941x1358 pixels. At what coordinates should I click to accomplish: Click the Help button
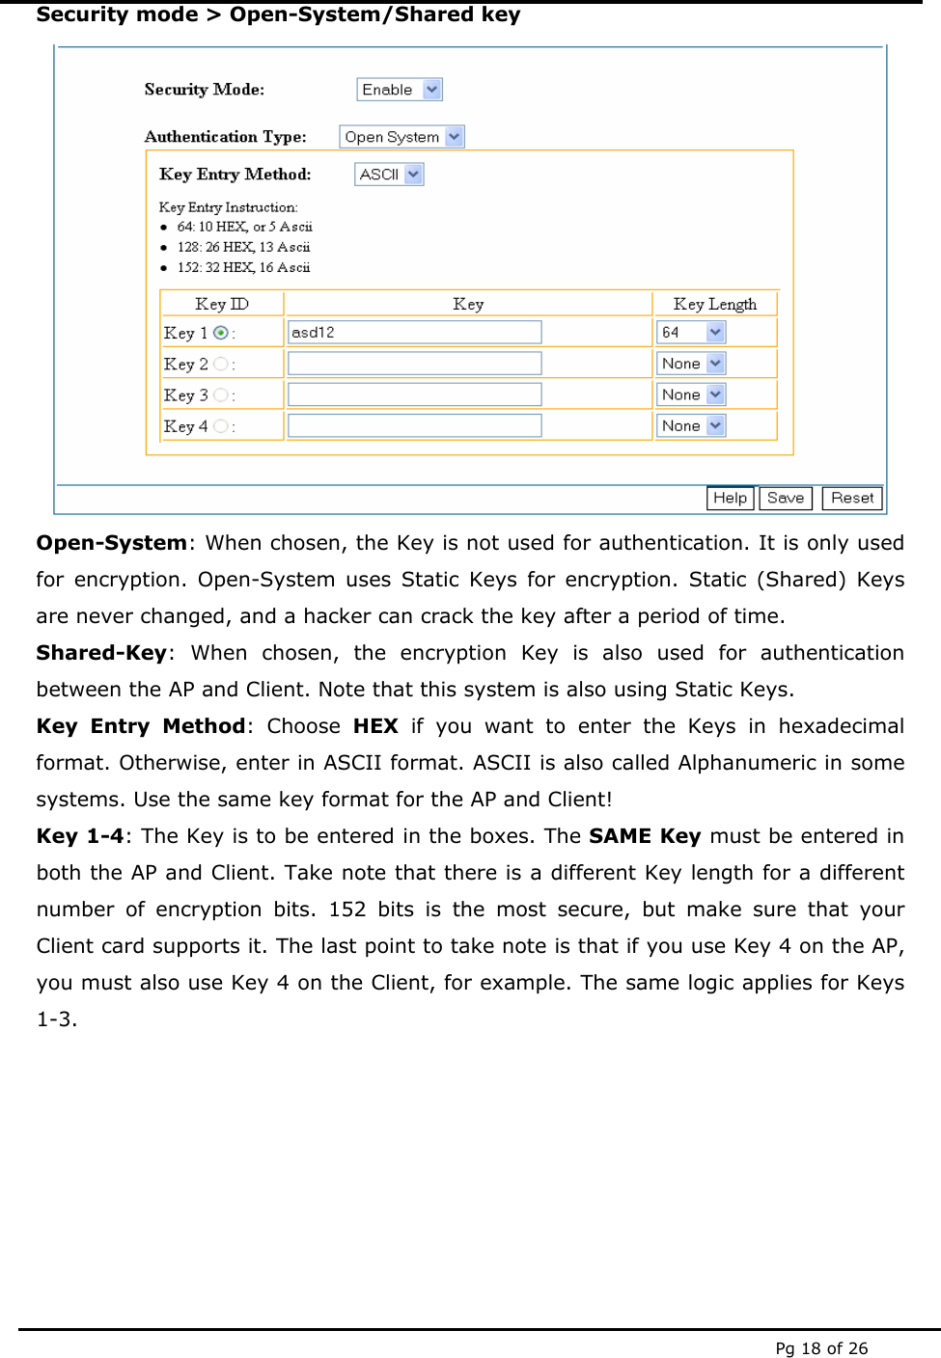(730, 498)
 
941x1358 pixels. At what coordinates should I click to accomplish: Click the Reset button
(851, 498)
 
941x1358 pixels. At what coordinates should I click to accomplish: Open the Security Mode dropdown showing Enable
(400, 90)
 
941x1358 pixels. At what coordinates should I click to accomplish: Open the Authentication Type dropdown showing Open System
(401, 137)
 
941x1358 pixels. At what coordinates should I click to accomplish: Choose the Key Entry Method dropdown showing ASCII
(389, 175)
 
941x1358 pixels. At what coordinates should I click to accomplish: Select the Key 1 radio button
(221, 333)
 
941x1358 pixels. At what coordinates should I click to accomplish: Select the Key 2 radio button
(221, 364)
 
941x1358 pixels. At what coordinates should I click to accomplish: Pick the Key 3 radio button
(221, 395)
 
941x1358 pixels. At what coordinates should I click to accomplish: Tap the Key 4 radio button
(221, 426)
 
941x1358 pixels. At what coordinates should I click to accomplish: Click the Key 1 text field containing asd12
(414, 333)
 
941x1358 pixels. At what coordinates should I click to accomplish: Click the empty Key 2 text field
(414, 364)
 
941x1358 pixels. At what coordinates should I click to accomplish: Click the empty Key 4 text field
(414, 425)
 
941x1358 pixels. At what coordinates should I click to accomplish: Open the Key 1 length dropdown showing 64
(691, 333)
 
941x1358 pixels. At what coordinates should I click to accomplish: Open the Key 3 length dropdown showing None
(691, 394)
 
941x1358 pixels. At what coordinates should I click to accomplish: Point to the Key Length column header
(714, 304)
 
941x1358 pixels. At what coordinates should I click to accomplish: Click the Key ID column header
(222, 304)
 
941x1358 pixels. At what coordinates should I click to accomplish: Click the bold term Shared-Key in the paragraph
(101, 653)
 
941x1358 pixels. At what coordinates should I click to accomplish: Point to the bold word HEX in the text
(375, 726)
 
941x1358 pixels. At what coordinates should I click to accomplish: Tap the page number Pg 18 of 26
(821, 1348)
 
